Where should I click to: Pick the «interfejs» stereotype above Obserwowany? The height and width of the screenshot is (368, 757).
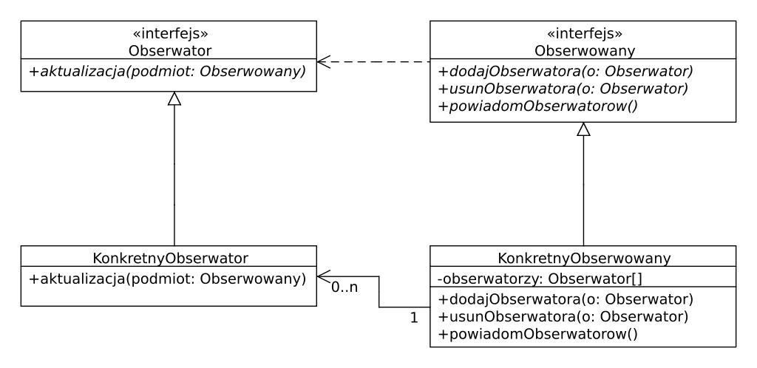point(583,33)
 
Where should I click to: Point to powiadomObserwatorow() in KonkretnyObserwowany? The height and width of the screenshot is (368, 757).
point(537,334)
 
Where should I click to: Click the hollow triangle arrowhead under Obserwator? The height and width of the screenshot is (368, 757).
point(174,98)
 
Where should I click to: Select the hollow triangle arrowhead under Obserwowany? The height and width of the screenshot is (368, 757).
point(583,129)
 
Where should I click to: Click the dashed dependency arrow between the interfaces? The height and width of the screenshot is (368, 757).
point(373,62)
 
